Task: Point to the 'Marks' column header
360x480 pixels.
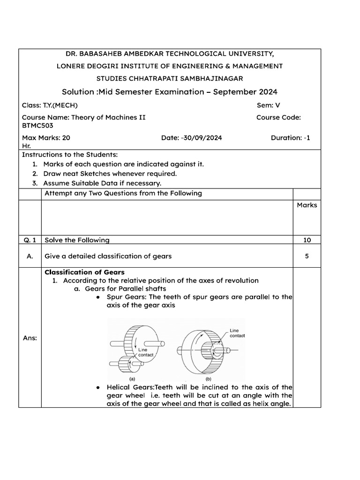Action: point(307,205)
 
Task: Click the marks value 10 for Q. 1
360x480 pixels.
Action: point(307,240)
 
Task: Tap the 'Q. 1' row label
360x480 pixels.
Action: point(30,240)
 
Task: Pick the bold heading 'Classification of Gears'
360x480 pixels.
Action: point(84,272)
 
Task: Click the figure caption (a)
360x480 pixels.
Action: point(133,378)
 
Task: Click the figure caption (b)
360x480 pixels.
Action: point(207,378)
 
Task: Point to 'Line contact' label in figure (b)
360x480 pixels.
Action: point(237,333)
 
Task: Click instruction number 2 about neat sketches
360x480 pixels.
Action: point(110,173)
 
